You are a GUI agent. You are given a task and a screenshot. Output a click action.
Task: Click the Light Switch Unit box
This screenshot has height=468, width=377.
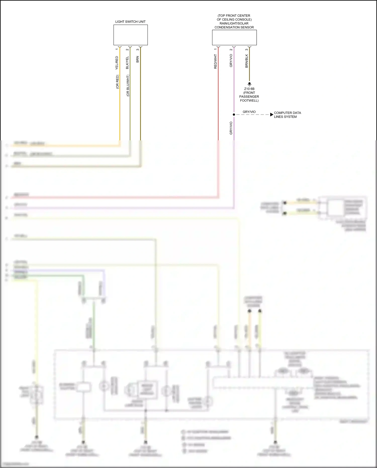130,35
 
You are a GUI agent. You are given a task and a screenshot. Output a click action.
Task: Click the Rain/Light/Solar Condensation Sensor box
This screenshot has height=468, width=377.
234,37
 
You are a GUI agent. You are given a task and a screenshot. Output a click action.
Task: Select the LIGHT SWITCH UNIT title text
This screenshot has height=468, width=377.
130,22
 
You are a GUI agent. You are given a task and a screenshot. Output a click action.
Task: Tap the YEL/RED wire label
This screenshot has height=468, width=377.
117,63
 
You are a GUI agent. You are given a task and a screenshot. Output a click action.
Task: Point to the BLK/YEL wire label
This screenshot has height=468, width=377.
127,63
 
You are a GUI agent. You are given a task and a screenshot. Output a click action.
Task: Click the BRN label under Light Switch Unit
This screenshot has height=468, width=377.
137,59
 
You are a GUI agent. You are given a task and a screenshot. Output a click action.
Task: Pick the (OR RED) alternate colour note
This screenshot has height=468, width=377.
117,82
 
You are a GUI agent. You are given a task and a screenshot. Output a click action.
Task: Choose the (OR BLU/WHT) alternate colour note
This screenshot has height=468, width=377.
128,86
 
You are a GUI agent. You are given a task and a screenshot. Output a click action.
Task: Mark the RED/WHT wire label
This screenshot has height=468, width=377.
215,62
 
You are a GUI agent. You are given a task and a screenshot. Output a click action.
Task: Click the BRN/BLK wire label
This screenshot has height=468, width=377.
247,61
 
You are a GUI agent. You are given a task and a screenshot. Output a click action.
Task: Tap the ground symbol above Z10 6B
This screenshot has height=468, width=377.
249,84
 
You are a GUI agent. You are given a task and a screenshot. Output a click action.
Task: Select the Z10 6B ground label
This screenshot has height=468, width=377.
249,89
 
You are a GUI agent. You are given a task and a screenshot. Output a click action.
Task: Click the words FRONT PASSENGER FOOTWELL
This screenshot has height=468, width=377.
249,97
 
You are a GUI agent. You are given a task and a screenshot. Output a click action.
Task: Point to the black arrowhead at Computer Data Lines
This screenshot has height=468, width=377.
271,115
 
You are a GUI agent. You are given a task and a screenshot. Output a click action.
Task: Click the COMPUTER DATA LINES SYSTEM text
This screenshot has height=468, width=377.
287,115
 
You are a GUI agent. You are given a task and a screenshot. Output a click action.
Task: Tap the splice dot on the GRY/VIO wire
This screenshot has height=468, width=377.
234,115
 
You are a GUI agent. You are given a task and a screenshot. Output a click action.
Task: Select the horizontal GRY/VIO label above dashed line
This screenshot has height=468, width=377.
249,112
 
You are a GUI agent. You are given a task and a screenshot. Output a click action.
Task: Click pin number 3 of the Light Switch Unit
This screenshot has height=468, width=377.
137,50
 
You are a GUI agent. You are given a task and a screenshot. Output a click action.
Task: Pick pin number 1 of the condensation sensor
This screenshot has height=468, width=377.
215,50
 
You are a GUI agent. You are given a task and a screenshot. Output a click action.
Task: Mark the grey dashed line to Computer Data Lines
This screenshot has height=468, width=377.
252,115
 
